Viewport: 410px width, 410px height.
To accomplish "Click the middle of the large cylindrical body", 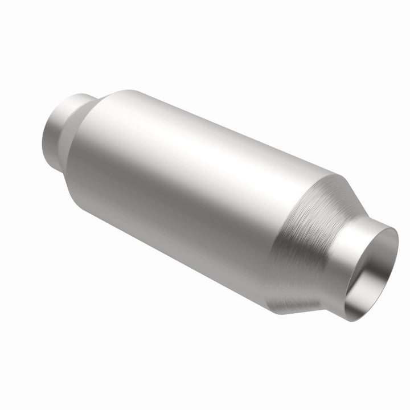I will pos(194,188).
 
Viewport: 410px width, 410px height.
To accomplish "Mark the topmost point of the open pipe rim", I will pos(389,228).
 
